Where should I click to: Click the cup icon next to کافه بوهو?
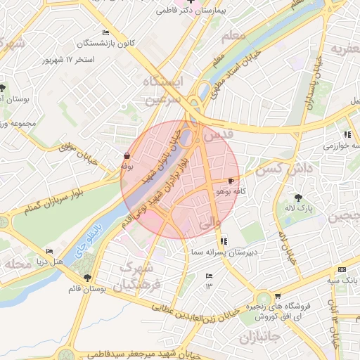pyautogui.click(x=231, y=181)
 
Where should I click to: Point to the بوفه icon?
pyautogui.click(x=127, y=156)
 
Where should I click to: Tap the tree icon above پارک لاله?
pyautogui.click(x=299, y=198)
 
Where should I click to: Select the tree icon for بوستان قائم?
pyautogui.click(x=87, y=278)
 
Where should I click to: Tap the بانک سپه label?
pyautogui.click(x=342, y=280)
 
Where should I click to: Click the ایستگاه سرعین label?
pyautogui.click(x=162, y=91)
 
